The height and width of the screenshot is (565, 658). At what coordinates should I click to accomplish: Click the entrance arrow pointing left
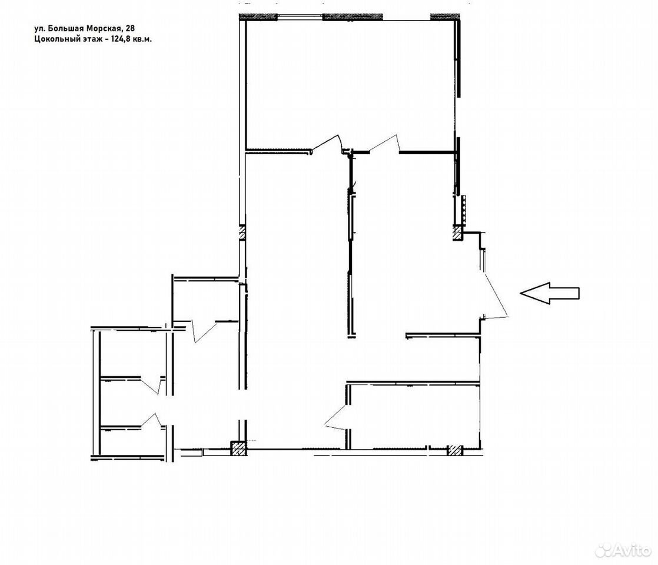549,293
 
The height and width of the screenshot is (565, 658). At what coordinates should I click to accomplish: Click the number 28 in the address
130,28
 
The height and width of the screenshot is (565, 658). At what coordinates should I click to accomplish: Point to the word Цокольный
56,39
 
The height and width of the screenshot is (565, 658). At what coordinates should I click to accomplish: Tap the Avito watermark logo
623,549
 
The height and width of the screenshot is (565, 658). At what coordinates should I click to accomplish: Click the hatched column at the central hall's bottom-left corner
239,448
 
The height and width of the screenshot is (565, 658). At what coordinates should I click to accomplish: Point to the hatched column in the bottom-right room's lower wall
454,450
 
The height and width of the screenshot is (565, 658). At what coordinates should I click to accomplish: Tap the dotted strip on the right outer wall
464,208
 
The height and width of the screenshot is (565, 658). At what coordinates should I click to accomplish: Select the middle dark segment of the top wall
353,17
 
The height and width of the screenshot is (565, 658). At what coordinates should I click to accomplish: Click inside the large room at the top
350,82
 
